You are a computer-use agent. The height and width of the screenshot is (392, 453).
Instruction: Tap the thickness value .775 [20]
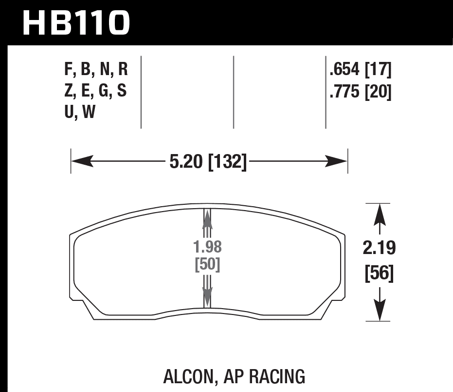(x=360, y=92)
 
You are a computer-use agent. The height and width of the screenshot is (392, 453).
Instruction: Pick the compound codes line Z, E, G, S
(x=95, y=92)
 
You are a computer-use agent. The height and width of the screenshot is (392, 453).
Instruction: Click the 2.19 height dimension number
(x=379, y=249)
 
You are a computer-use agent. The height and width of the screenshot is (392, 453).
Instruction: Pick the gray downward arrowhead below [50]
(x=207, y=296)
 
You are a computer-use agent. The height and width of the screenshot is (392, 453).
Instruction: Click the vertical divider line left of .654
(x=326, y=92)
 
